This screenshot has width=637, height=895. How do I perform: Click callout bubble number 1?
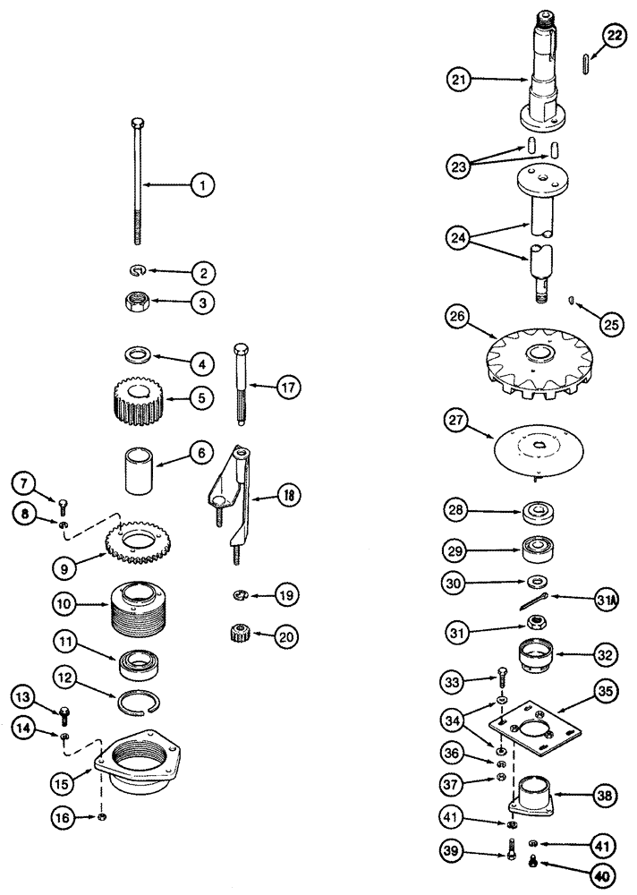click(x=203, y=185)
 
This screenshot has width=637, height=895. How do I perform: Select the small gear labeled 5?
click(x=138, y=401)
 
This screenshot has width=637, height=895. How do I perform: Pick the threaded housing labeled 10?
click(x=137, y=604)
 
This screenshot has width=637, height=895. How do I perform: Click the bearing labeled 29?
click(x=539, y=548)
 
